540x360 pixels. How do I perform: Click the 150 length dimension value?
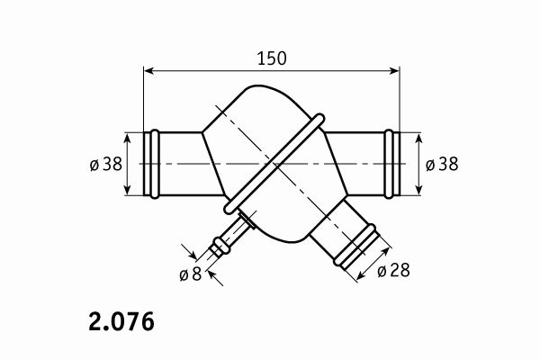pyautogui.click(x=272, y=58)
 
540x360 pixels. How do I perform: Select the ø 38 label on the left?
pyautogui.click(x=106, y=164)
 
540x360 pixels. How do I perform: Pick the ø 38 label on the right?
pyautogui.click(x=442, y=164)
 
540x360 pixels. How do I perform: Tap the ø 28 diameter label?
pyautogui.click(x=393, y=270)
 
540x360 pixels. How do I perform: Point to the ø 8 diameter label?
pyautogui.click(x=191, y=274)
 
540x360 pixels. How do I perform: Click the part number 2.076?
pyautogui.click(x=121, y=322)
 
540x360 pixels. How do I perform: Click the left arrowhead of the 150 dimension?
pyautogui.click(x=148, y=71)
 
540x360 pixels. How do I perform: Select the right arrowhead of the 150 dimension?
pyautogui.click(x=394, y=71)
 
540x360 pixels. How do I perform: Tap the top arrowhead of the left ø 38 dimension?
pyautogui.click(x=128, y=139)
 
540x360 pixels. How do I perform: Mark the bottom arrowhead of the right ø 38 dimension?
pyautogui.click(x=418, y=189)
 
